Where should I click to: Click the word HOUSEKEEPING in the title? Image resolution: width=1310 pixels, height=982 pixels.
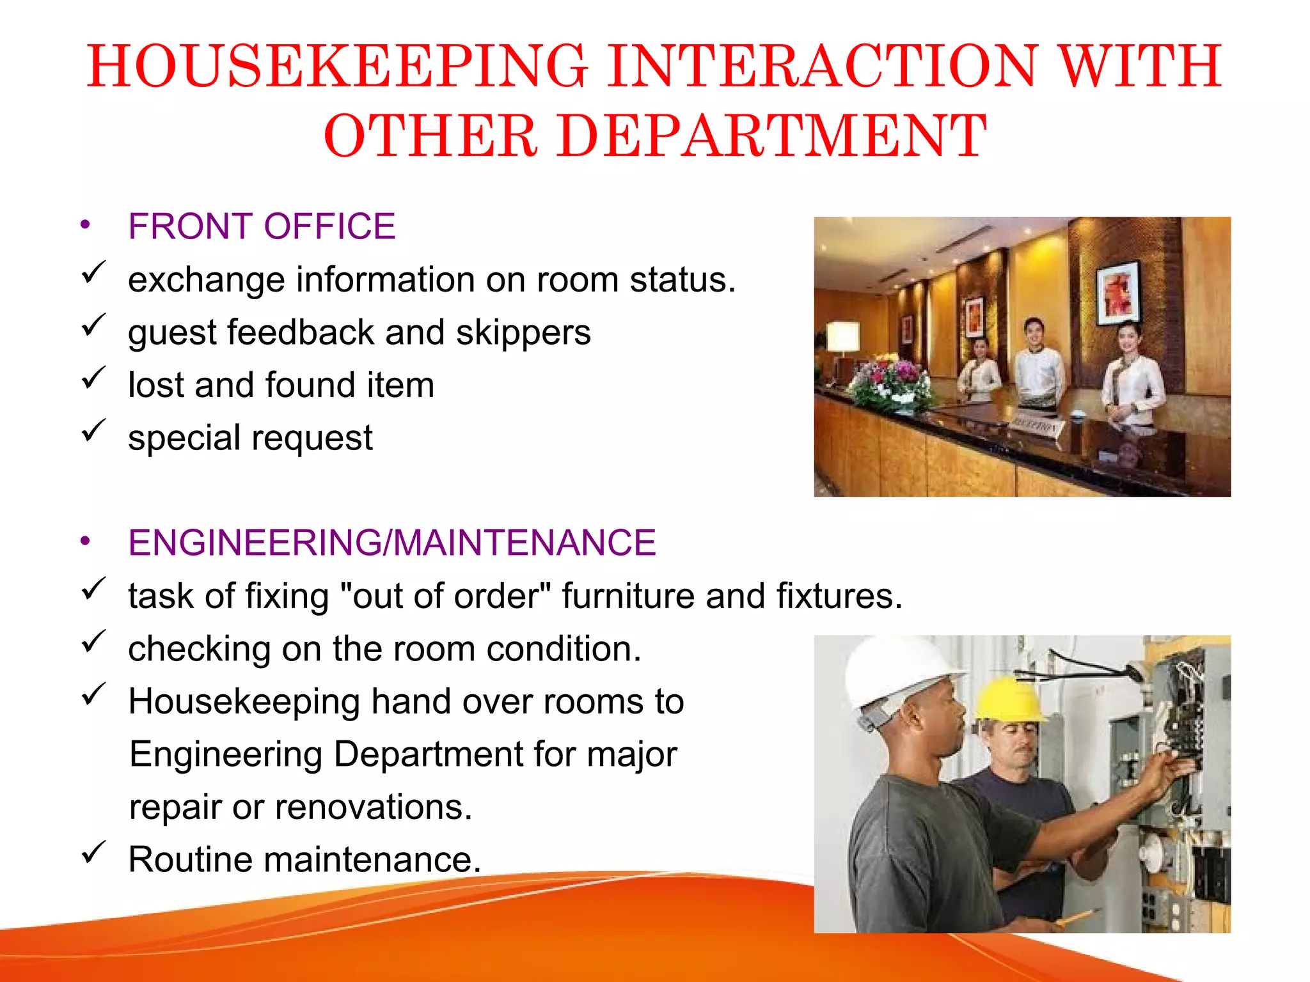pos(337,66)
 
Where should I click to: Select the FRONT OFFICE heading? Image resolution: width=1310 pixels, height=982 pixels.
pos(262,226)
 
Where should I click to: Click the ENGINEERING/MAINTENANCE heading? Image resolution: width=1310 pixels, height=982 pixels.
pos(391,543)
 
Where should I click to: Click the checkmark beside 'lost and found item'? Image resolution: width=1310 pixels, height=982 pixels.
pos(93,379)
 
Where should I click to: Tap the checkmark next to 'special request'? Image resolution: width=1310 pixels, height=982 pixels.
pos(93,432)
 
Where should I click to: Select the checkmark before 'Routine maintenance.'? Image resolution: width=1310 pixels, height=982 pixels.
pos(93,853)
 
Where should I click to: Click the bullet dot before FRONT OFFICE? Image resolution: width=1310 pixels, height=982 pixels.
pos(85,226)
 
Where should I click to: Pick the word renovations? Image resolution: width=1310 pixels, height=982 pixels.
pos(374,807)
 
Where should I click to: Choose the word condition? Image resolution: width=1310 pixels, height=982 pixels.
pos(563,649)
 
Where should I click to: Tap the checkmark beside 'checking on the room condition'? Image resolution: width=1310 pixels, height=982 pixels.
pos(93,643)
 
